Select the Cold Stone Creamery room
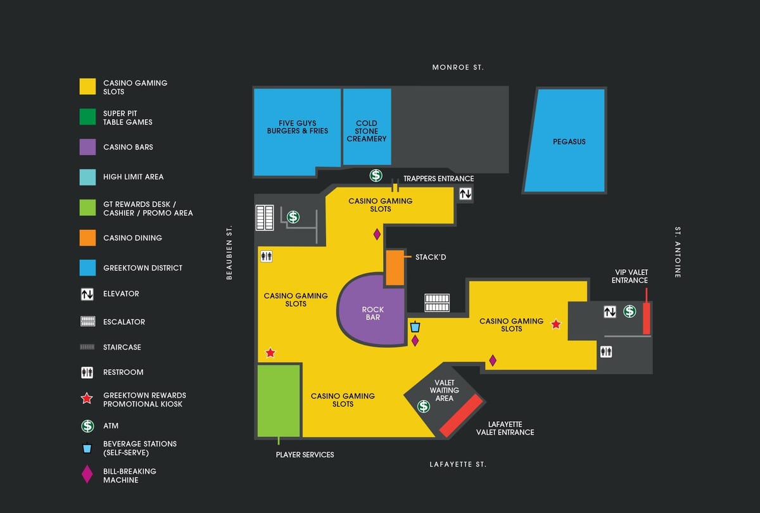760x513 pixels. pyautogui.click(x=367, y=127)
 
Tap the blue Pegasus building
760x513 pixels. pyautogui.click(x=565, y=141)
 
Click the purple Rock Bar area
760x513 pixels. pyautogui.click(x=371, y=310)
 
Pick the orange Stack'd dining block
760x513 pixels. pyautogui.click(x=395, y=268)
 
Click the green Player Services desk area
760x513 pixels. pyautogui.click(x=279, y=401)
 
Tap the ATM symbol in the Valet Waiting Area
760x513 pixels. pyautogui.click(x=424, y=406)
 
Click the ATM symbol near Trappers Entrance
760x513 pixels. pyautogui.click(x=376, y=175)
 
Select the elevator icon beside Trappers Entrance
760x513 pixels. pyautogui.click(x=465, y=194)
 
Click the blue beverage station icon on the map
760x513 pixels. pyautogui.click(x=415, y=327)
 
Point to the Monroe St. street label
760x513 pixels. pyautogui.click(x=458, y=68)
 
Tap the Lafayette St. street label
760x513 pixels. pyautogui.click(x=458, y=464)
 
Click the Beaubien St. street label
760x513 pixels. pyautogui.click(x=229, y=253)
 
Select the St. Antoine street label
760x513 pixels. pyautogui.click(x=678, y=253)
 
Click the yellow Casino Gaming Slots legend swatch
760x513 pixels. pyautogui.click(x=87, y=87)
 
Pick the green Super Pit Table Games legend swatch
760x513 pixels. pyautogui.click(x=87, y=117)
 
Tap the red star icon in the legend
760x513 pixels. pyautogui.click(x=87, y=398)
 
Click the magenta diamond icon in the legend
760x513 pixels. pyautogui.click(x=87, y=474)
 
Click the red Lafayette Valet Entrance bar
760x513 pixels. pyautogui.click(x=461, y=415)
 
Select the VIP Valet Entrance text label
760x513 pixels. pyautogui.click(x=630, y=276)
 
